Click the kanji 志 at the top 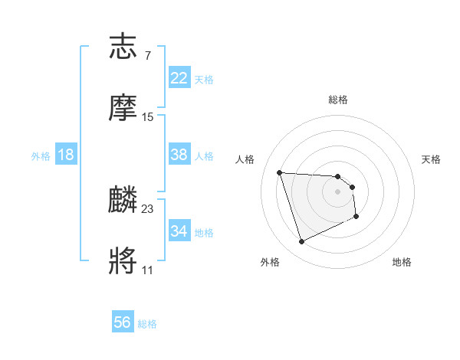(x=124, y=48)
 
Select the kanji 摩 (x=124, y=109)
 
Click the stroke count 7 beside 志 (x=147, y=56)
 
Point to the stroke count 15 (x=148, y=117)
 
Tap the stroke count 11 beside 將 (x=147, y=270)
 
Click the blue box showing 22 (x=179, y=78)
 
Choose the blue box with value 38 (x=179, y=155)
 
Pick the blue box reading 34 (x=179, y=231)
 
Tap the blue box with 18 (x=66, y=155)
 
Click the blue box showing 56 (x=123, y=323)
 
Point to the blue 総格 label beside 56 (x=148, y=324)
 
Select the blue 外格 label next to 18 (x=41, y=155)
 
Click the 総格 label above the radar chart (x=338, y=100)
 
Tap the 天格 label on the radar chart (x=432, y=159)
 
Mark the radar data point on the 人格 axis (x=280, y=172)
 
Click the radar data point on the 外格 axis (x=302, y=242)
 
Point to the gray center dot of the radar (x=338, y=191)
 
